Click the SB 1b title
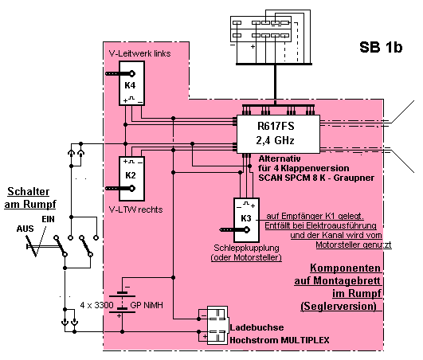[x=381, y=47]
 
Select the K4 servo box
[x=132, y=83]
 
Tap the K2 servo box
[x=132, y=178]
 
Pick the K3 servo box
[x=246, y=220]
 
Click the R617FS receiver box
[x=278, y=134]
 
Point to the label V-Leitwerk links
[x=139, y=53]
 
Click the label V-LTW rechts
[x=135, y=209]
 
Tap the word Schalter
[x=29, y=191]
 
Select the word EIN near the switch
[x=48, y=219]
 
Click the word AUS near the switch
[x=25, y=229]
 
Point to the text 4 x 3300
[x=96, y=305]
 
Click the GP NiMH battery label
[x=147, y=305]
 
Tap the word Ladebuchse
[x=257, y=327]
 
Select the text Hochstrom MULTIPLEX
[x=280, y=340]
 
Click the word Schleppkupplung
[x=246, y=248]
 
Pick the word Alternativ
[x=280, y=158]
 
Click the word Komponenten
[x=345, y=268]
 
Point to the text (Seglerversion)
[x=339, y=306]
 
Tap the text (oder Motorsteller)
[x=246, y=257]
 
